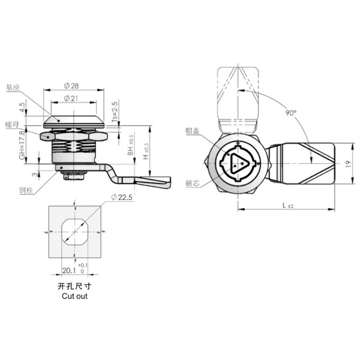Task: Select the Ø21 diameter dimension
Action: (x=72, y=98)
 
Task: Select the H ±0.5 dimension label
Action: (x=145, y=149)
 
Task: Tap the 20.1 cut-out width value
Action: (x=68, y=270)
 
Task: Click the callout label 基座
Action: (x=13, y=88)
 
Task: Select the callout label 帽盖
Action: (x=193, y=130)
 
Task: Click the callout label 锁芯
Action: (x=193, y=184)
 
